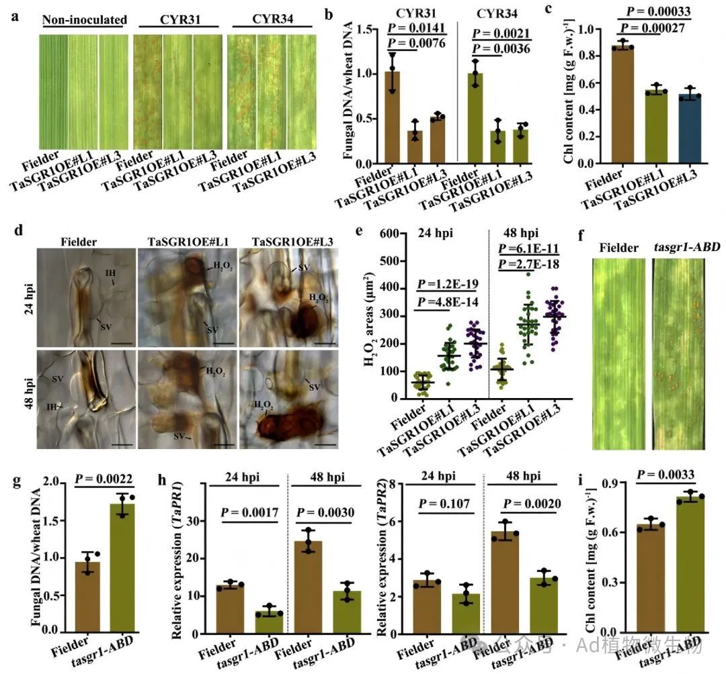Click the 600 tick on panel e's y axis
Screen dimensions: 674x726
click(385, 233)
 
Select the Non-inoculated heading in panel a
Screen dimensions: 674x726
click(85, 19)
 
